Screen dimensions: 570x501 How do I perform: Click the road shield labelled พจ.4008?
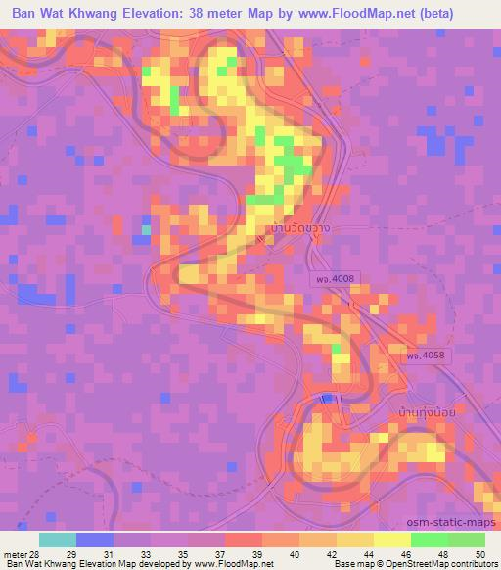click(x=333, y=281)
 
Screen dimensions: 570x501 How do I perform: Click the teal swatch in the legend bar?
click(x=58, y=540)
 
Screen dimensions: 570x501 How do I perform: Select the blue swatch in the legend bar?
click(x=95, y=540)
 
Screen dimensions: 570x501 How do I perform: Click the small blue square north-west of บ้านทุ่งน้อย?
click(x=328, y=398)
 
